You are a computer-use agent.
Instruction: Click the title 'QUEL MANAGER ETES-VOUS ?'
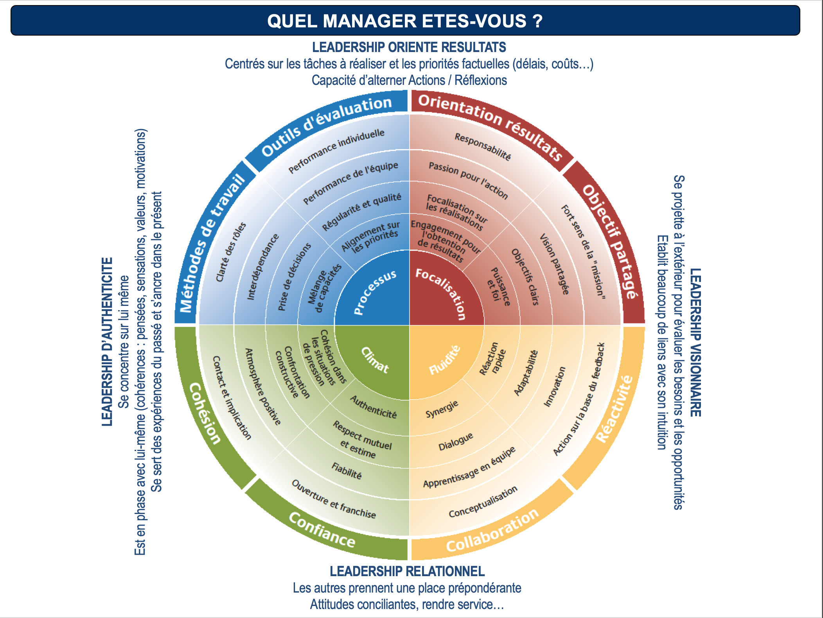coord(405,21)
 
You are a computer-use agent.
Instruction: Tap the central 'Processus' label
coord(374,292)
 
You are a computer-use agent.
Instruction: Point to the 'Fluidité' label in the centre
coord(444,360)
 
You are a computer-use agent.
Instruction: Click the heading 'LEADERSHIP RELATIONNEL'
coord(407,571)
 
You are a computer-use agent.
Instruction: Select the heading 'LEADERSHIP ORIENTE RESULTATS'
coord(409,47)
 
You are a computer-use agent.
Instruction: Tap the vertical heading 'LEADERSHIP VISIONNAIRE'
coord(695,342)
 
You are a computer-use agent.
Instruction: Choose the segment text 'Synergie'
coord(442,409)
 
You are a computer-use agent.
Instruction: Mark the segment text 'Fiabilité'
coord(347,471)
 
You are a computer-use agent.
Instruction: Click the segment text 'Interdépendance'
coord(262,267)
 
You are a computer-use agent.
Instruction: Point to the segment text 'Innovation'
coord(555,386)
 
